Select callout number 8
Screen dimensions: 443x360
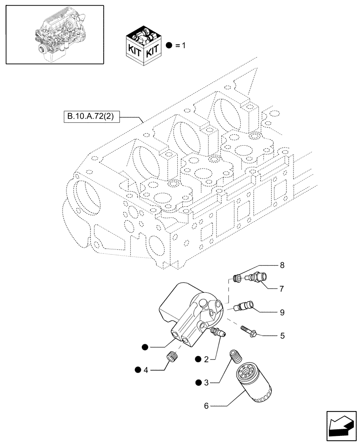coord(281,266)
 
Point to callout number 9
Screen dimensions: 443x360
coord(282,312)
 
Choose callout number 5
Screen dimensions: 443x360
coord(282,336)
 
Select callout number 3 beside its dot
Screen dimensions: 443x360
coord(206,381)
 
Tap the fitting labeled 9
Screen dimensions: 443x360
coord(245,306)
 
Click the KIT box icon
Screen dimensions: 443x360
coord(143,46)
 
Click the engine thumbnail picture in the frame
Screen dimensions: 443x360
coord(55,35)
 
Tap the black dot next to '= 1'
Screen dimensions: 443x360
coord(169,46)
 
